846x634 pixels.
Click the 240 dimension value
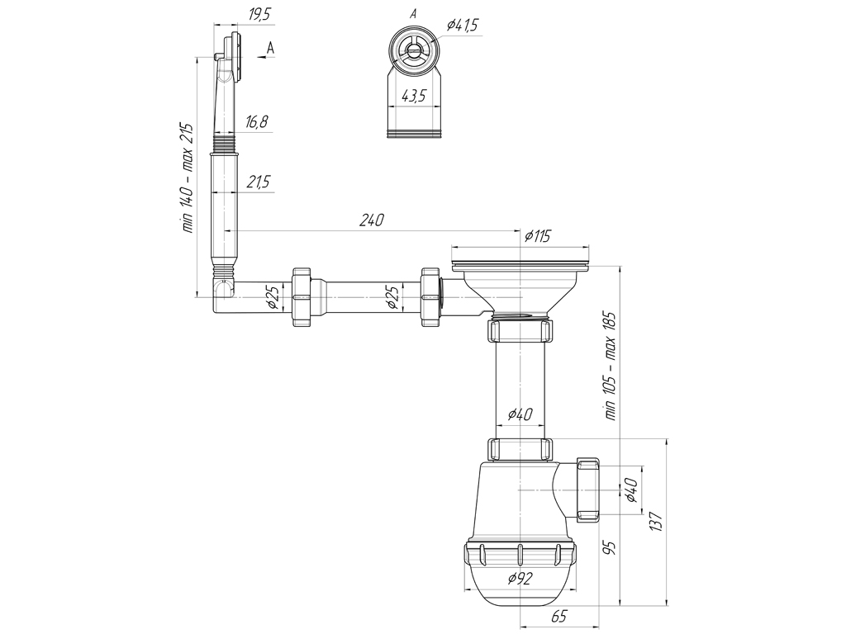click(372, 220)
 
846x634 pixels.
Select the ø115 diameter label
click(537, 235)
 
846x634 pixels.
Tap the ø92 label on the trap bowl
click(520, 579)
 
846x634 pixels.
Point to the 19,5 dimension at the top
click(259, 15)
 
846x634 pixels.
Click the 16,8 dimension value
click(256, 122)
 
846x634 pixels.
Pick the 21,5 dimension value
click(258, 182)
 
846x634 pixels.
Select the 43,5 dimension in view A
click(415, 96)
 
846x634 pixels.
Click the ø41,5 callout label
click(463, 26)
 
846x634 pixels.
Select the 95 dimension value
click(611, 548)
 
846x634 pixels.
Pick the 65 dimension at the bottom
click(559, 616)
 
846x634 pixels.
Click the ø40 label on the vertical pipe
click(520, 414)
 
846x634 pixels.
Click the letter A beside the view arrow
click(270, 49)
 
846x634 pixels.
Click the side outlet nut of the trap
click(588, 490)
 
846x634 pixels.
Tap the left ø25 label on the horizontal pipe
click(273, 297)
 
